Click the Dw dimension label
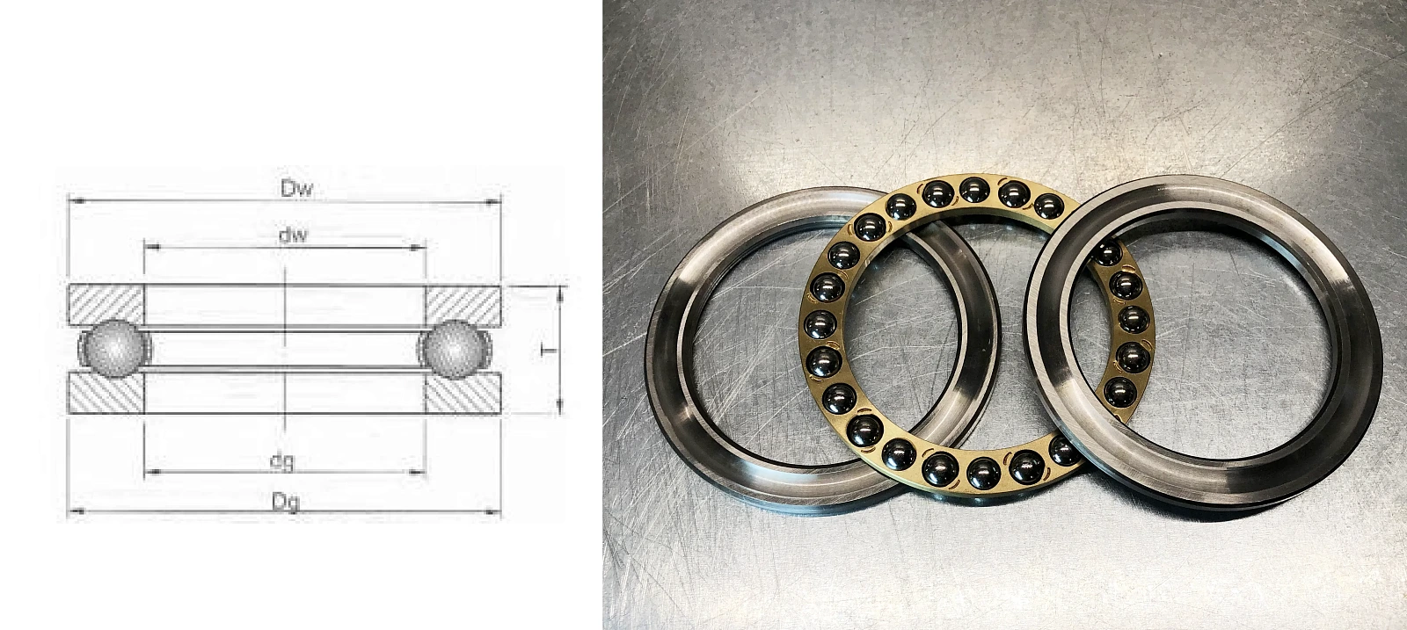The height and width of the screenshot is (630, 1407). tap(295, 188)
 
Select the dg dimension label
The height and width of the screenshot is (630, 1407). tap(282, 462)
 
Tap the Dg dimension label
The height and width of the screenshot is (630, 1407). tap(285, 502)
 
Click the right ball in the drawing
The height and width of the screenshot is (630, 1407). tap(454, 349)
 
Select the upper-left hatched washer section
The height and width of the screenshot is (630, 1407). tap(106, 305)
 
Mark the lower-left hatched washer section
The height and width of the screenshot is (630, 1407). tap(106, 393)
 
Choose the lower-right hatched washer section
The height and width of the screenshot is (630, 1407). tap(463, 394)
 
